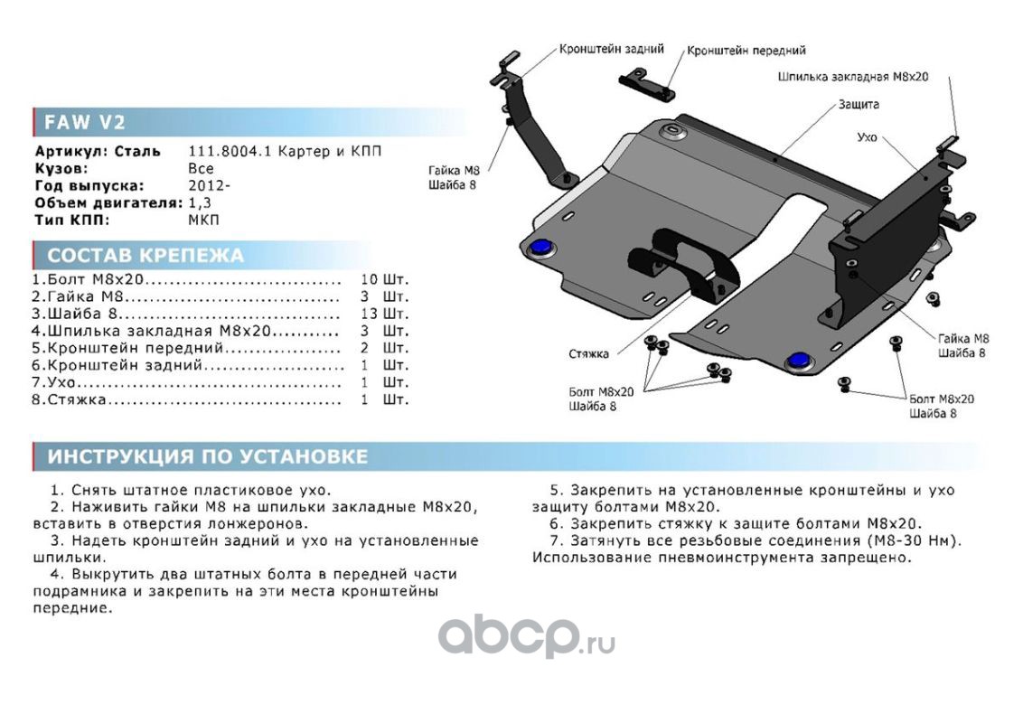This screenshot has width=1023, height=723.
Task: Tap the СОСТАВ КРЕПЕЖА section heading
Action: tap(145, 255)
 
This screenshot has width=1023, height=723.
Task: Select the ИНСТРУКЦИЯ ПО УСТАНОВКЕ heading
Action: tap(207, 456)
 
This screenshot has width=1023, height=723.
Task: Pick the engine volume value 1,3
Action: tap(202, 202)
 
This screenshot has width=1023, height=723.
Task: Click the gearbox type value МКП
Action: tap(203, 220)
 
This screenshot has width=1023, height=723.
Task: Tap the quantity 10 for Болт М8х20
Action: tap(368, 279)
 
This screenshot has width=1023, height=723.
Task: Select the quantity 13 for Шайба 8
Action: tap(368, 314)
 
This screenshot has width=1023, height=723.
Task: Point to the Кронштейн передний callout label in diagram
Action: tap(746, 51)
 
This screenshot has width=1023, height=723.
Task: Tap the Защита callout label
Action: tap(859, 104)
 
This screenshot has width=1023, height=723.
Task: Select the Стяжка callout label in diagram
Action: tap(588, 353)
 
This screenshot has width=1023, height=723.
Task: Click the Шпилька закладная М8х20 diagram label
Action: tap(853, 77)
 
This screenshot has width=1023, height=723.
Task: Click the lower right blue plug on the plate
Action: tap(797, 361)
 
